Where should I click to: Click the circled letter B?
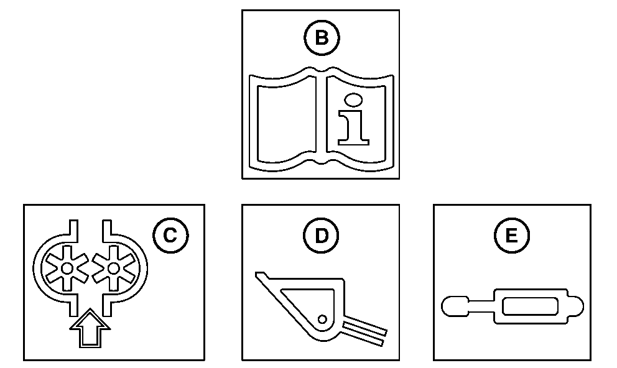[x=322, y=38]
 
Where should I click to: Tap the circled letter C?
[x=170, y=236]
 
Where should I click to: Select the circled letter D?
[x=321, y=236]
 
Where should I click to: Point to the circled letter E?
[x=511, y=236]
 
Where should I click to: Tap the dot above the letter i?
[x=353, y=100]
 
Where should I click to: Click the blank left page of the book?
[x=287, y=124]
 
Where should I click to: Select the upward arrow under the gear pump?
[x=90, y=328]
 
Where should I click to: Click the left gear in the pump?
[x=67, y=269]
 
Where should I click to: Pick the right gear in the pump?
[x=113, y=269]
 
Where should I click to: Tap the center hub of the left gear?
[x=67, y=269]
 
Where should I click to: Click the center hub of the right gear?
[x=113, y=269]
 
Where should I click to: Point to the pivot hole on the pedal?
[x=322, y=320]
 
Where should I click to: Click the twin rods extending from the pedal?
[x=364, y=333]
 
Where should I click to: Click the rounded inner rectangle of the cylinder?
[x=530, y=306]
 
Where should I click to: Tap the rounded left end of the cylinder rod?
[x=455, y=306]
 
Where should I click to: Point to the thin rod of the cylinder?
[x=481, y=306]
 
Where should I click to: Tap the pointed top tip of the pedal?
[x=256, y=274]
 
